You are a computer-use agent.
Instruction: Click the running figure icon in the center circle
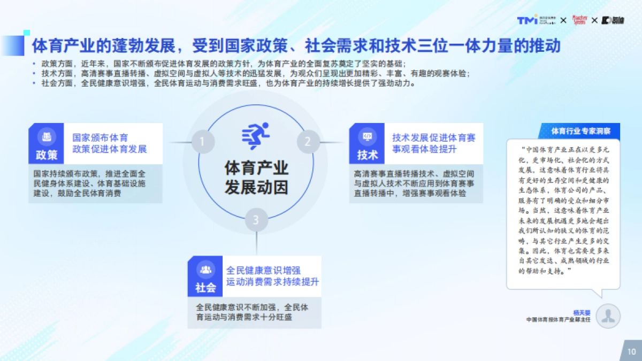256,136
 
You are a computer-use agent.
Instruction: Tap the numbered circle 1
202,142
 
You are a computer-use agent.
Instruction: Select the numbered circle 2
308,142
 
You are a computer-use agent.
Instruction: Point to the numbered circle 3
256,220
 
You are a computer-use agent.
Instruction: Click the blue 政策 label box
47,143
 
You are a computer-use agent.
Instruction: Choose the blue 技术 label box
368,143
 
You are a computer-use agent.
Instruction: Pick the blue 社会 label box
205,276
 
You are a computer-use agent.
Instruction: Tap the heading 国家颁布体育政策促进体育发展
110,143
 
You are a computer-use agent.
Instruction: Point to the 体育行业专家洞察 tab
585,130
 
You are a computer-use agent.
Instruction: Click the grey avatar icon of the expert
608,316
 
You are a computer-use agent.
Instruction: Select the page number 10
631,351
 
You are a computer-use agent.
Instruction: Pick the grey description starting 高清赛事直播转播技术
416,183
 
